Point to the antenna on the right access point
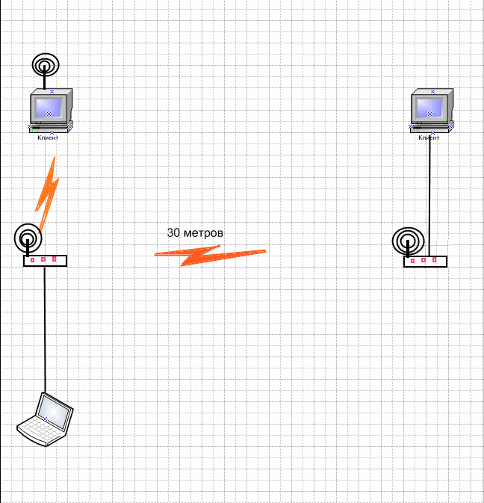click(x=407, y=241)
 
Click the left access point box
click(x=45, y=260)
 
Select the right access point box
click(x=425, y=261)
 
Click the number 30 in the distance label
click(x=173, y=233)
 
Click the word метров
click(x=203, y=233)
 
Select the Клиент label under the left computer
click(x=48, y=138)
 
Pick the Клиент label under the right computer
click(x=429, y=138)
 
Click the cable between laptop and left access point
click(x=45, y=329)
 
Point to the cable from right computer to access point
click(x=429, y=194)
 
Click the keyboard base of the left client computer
click(x=51, y=127)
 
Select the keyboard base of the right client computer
click(x=431, y=128)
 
